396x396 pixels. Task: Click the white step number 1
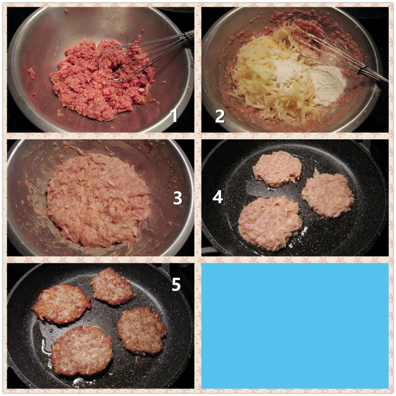(x=174, y=116)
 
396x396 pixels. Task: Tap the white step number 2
(x=220, y=116)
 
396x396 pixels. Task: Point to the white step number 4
(x=218, y=197)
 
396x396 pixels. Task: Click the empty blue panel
(x=295, y=326)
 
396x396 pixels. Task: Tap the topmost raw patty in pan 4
(x=277, y=169)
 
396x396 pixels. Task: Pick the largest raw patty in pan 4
(x=270, y=223)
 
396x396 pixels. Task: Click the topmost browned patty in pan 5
(x=112, y=287)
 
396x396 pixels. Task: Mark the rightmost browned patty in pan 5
(x=141, y=331)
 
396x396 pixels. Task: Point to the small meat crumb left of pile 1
(x=32, y=73)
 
